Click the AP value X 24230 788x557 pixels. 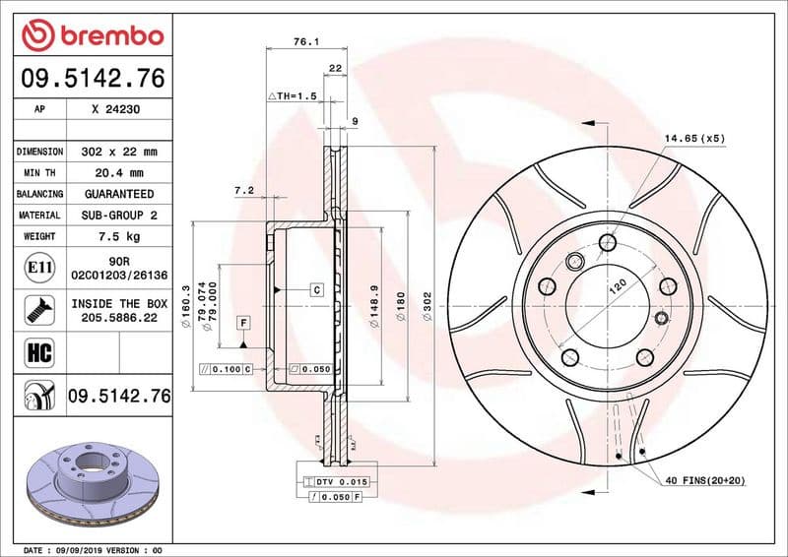[115, 110]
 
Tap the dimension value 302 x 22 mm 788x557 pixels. [118, 153]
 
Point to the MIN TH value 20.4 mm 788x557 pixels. [118, 173]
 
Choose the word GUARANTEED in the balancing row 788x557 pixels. [118, 194]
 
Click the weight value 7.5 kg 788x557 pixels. [118, 236]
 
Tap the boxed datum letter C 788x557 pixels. [317, 289]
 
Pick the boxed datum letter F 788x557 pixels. [241, 323]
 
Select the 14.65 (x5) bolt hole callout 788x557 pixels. [693, 138]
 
